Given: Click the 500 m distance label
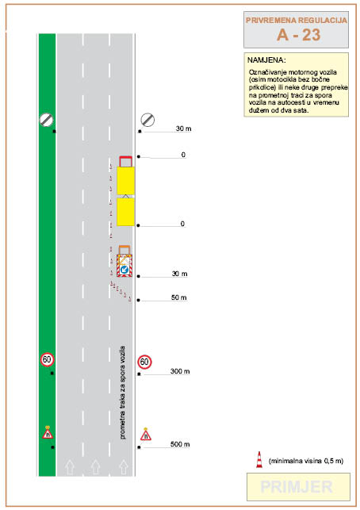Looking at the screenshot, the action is pos(180,444).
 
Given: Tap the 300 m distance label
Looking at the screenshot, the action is pos(180,371).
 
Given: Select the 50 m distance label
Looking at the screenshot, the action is pos(179,297).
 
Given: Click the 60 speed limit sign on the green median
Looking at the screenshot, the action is pos(47,359).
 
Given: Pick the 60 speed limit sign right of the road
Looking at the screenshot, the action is pos(144,362).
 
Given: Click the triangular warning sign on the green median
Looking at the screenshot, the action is pos(48,433).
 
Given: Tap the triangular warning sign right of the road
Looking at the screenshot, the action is pos(146,435).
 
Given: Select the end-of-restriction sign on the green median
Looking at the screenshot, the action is pos(47,120).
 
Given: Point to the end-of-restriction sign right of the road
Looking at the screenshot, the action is pos(147,120).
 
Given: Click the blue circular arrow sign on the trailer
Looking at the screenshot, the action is pos(124,270).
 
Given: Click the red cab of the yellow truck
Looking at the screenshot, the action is pos(125,161).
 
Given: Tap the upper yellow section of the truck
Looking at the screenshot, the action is pos(125,181).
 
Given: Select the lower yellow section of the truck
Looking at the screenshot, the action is pos(125,212).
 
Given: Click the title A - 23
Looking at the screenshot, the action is pos(298,34).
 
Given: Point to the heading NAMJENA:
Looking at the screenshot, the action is pos(266,60).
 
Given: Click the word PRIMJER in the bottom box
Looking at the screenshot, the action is pos(297,487).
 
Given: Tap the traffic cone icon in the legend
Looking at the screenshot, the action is pos(259,459).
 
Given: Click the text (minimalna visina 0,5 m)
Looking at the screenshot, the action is pos(306,461).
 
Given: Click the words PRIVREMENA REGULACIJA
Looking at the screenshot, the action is pos(297,20).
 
